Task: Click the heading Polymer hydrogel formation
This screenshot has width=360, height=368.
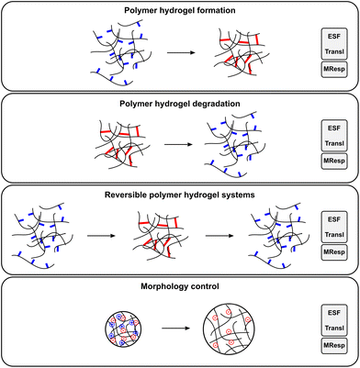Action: (179, 10)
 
